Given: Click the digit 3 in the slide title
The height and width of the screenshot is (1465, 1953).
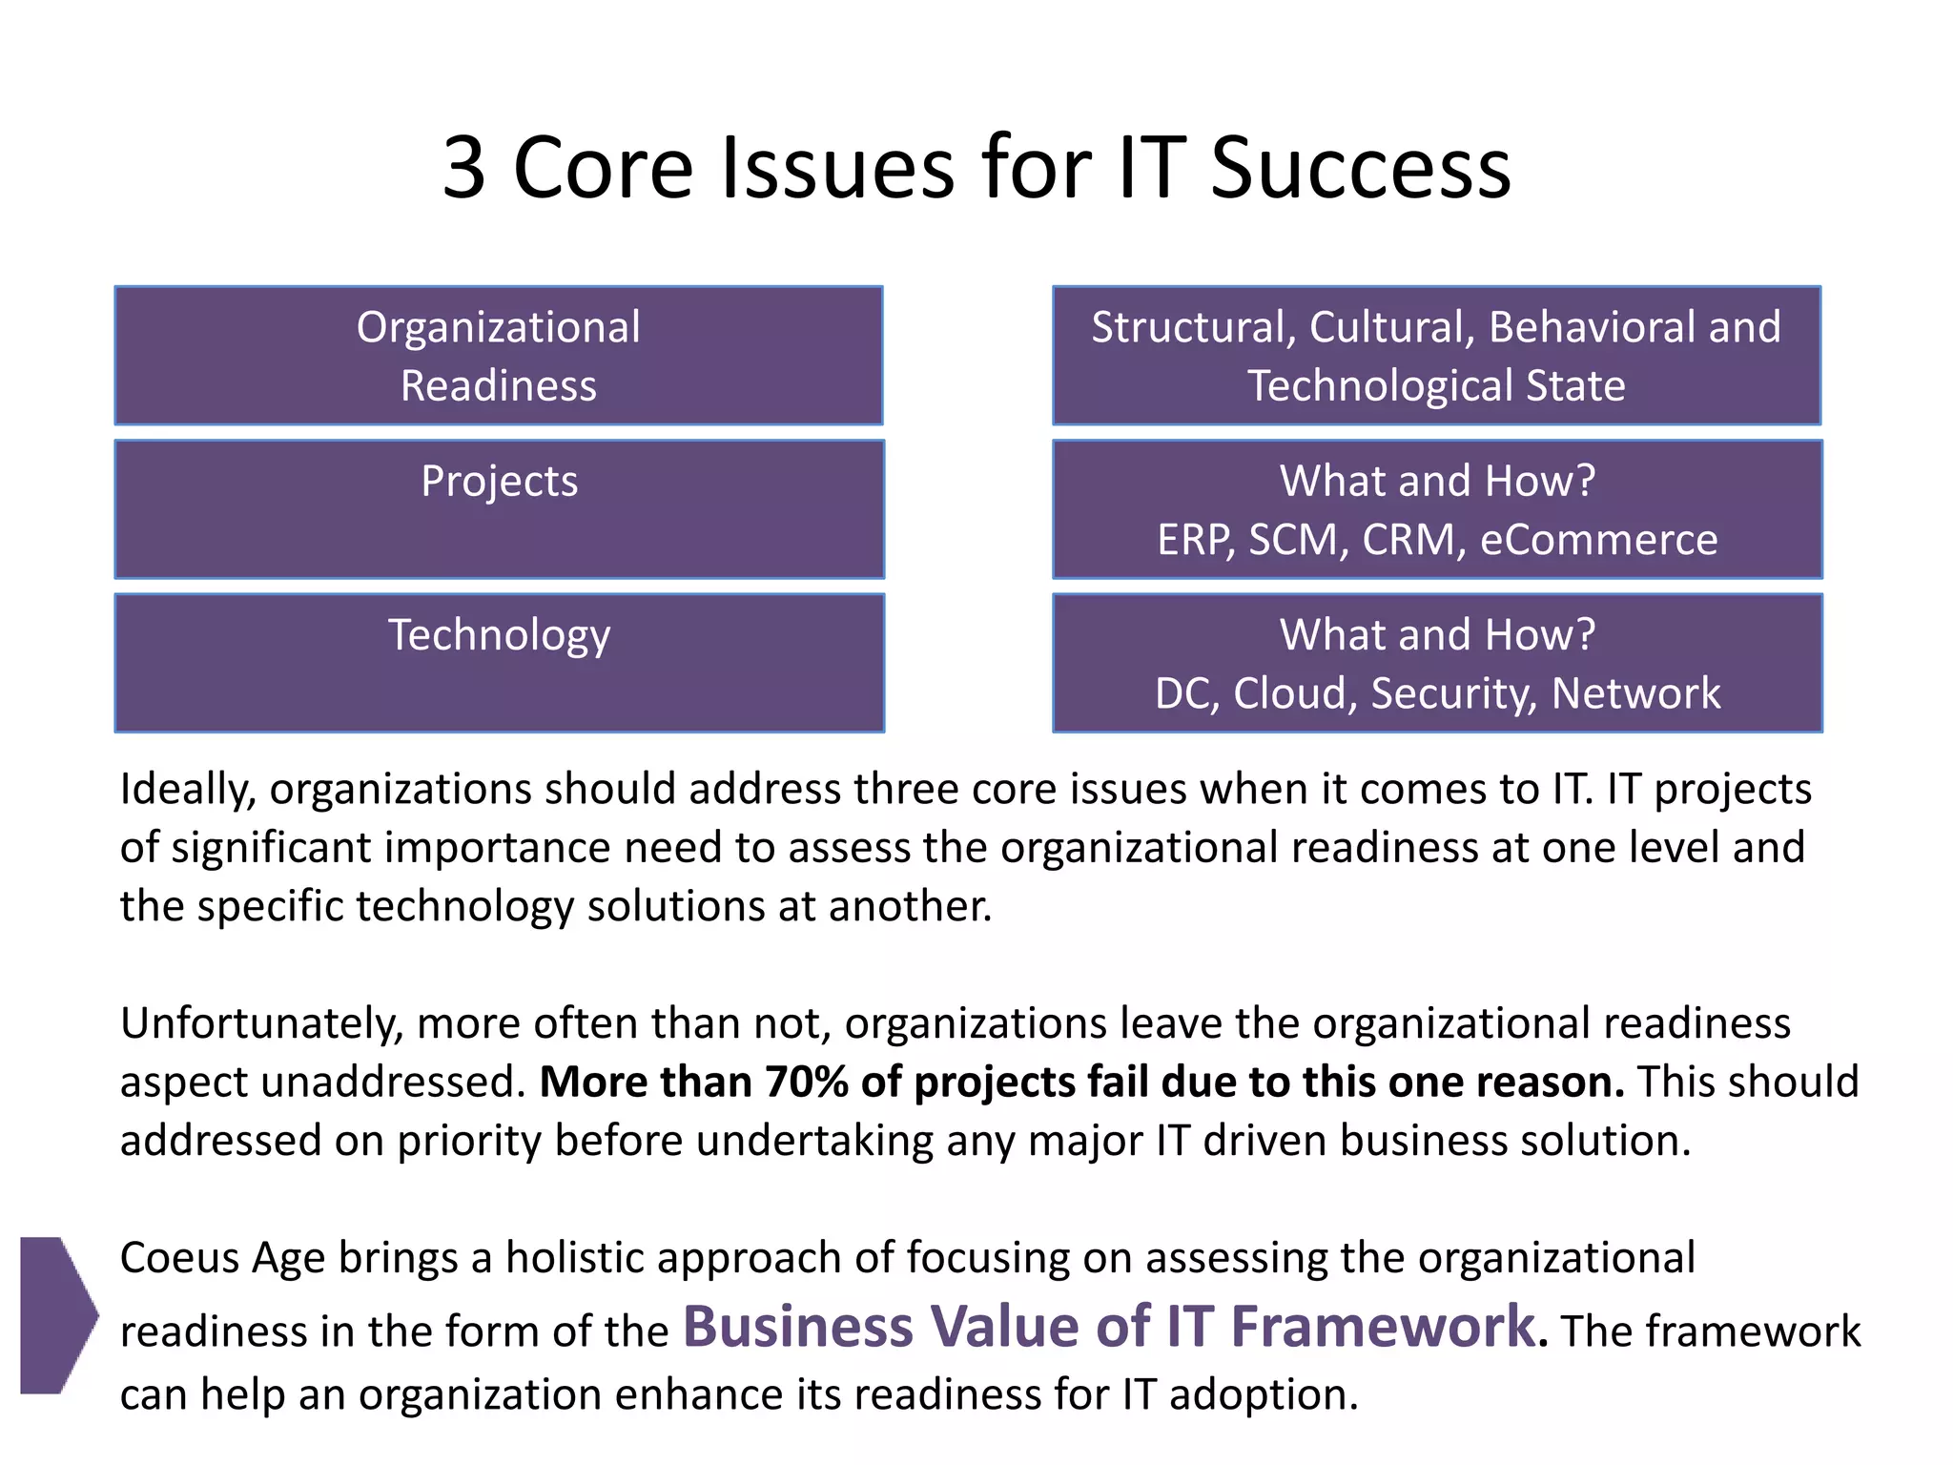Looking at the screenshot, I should [x=464, y=168].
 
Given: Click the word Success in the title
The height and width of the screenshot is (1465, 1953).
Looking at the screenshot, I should [x=1361, y=168].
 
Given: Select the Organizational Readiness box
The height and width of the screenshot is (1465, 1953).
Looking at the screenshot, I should [x=499, y=356].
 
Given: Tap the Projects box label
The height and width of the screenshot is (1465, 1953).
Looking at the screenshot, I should [x=500, y=481].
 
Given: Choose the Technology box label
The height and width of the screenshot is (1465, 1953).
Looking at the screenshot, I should [x=499, y=635].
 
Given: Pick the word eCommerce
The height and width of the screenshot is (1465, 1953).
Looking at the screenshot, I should [x=1598, y=540].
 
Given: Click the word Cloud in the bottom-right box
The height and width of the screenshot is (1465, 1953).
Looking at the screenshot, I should [x=1293, y=693].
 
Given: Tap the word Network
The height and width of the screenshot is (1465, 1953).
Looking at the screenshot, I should [x=1635, y=693].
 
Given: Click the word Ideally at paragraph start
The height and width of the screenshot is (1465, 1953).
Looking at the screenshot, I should [x=188, y=790].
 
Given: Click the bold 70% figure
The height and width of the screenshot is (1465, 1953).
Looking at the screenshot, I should [x=807, y=1083].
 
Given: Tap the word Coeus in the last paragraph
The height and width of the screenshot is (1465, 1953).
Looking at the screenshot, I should [x=178, y=1258].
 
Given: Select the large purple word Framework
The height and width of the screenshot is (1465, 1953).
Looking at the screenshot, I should [x=1384, y=1327].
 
